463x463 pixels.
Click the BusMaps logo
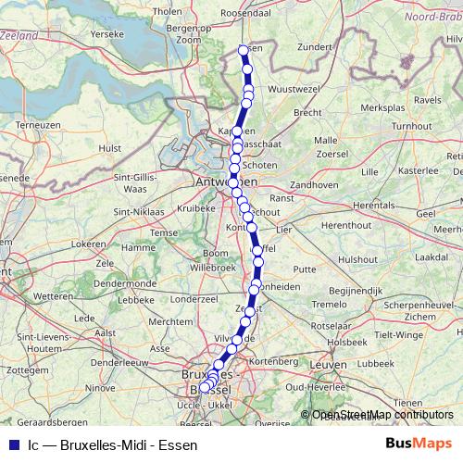pos(418,444)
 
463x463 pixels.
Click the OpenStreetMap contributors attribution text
pos(382,415)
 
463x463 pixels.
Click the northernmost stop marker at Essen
pos(244,50)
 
